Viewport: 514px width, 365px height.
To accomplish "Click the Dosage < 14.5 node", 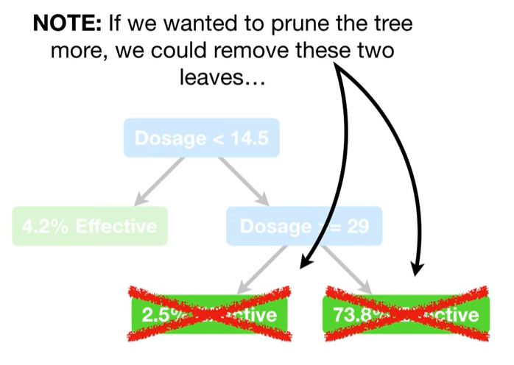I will coord(200,138).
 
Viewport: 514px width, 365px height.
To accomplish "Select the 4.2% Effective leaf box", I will coord(89,226).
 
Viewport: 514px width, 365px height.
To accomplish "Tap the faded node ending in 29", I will coord(304,226).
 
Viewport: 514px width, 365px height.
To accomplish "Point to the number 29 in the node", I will coord(358,226).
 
